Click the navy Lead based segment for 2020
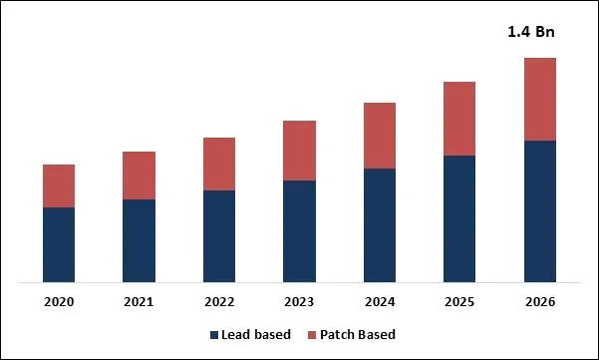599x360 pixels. (x=59, y=245)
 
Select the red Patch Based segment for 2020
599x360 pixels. (x=59, y=185)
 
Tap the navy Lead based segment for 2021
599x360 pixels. (x=139, y=241)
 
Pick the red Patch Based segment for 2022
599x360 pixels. (x=219, y=164)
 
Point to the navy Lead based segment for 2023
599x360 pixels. (x=299, y=231)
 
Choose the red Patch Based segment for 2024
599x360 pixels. (x=380, y=136)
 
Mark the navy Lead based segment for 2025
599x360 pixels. (x=459, y=219)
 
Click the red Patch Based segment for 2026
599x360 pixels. (x=539, y=99)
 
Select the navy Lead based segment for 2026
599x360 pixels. (x=539, y=211)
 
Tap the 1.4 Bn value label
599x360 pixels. (x=530, y=32)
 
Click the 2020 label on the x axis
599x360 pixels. (x=59, y=301)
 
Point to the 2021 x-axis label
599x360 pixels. (x=139, y=301)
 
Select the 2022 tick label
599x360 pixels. (x=219, y=301)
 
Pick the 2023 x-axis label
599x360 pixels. (x=299, y=301)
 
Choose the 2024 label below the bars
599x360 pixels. (x=380, y=301)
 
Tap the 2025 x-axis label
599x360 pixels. (x=459, y=301)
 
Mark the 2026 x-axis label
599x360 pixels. (x=539, y=301)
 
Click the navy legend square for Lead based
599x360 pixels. (x=213, y=334)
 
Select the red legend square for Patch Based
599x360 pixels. (x=310, y=334)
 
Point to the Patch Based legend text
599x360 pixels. (x=358, y=334)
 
